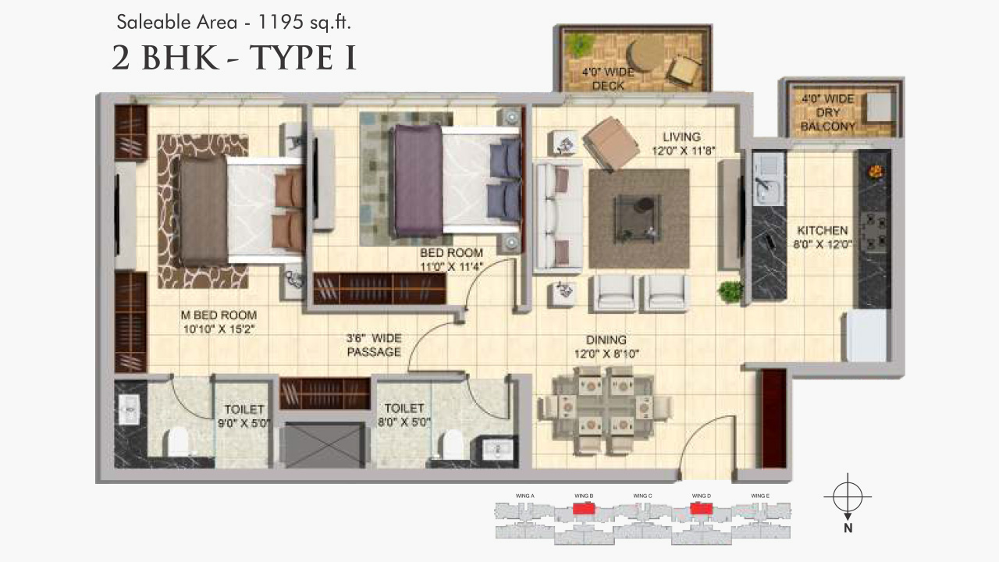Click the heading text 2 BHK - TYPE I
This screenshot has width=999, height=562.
pyautogui.click(x=234, y=59)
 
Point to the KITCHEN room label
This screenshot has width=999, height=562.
pyautogui.click(x=823, y=237)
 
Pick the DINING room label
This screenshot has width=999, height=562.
pyautogui.click(x=606, y=346)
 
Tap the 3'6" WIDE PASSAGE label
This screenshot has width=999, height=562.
pyautogui.click(x=374, y=345)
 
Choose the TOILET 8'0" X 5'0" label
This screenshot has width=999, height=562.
pyautogui.click(x=404, y=415)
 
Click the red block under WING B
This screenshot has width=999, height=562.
pyautogui.click(x=583, y=509)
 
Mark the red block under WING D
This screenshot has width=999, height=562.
pyautogui.click(x=700, y=509)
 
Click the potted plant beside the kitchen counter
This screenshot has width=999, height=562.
pyautogui.click(x=731, y=292)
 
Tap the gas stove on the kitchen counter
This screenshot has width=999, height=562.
pyautogui.click(x=873, y=227)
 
